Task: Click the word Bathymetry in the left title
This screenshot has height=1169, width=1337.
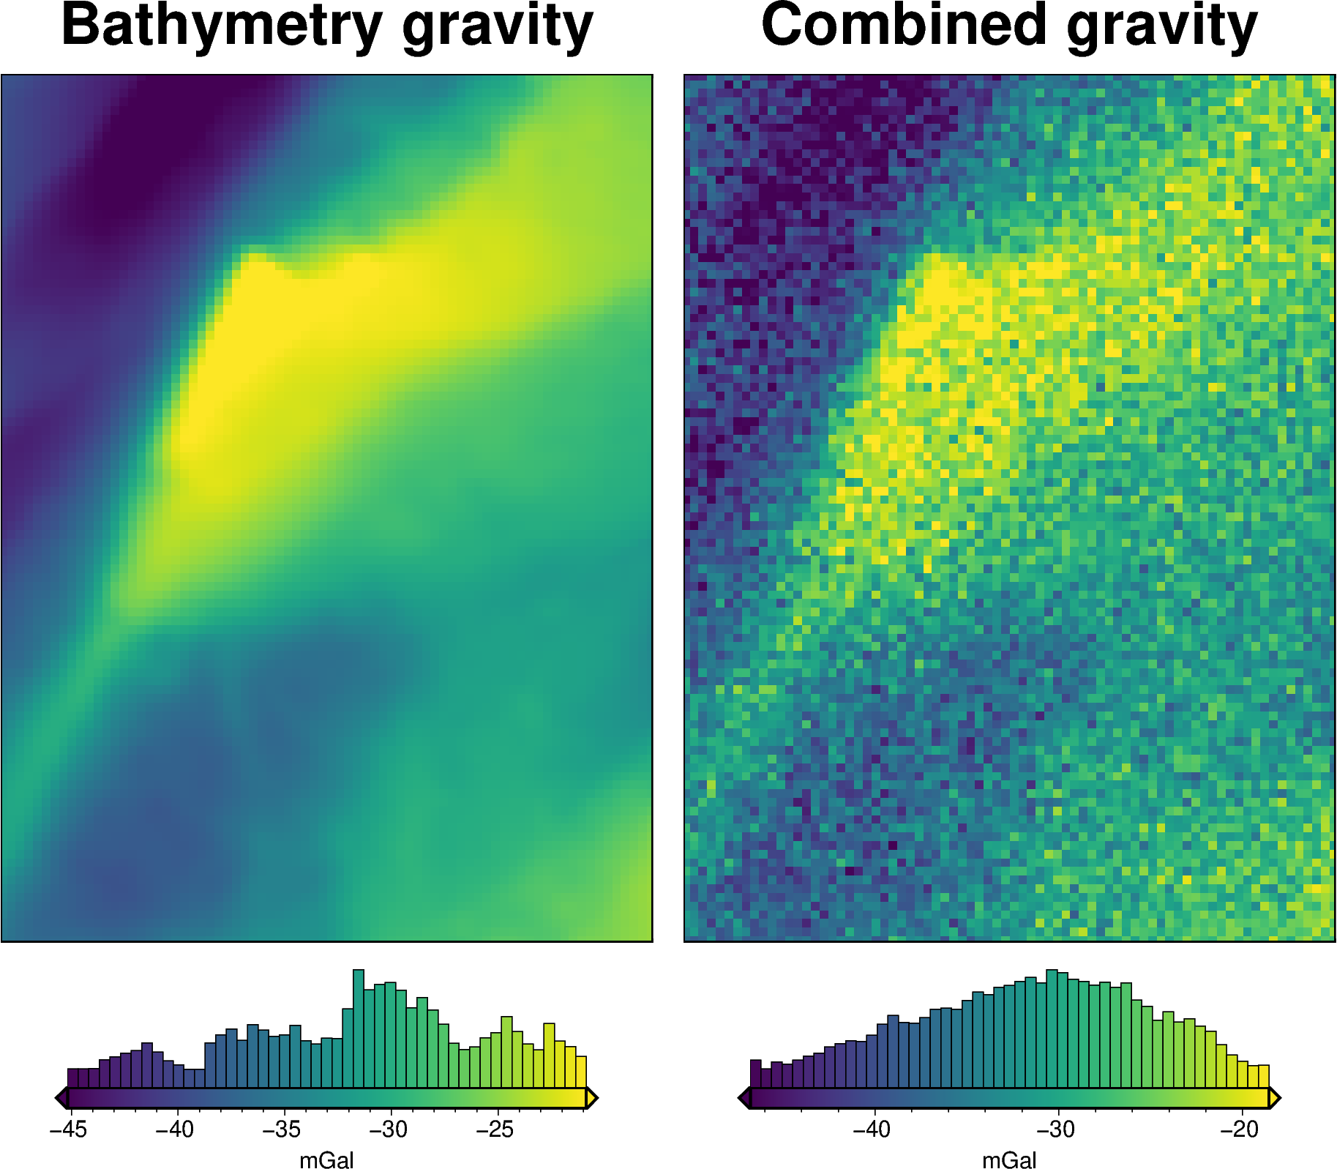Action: coord(221,26)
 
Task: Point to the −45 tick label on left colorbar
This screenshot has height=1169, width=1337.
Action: coord(68,1129)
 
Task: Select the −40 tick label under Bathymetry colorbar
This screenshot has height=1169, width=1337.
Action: coord(175,1129)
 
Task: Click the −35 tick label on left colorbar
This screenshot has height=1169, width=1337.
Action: coord(282,1129)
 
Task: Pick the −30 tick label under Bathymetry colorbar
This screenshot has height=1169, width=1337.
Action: coord(389,1129)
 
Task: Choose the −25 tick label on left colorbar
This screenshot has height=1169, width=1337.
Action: coord(495,1129)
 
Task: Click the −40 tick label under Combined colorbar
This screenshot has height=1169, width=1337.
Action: coord(872,1129)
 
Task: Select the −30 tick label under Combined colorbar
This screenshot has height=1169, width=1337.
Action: coord(1056,1129)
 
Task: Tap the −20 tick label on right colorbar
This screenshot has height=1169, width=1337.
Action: coord(1240,1129)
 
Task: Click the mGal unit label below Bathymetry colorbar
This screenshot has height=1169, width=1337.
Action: coord(326,1160)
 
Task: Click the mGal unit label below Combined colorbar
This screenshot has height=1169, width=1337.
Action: coord(1009,1160)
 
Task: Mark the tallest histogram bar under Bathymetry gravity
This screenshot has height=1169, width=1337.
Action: coord(359,1028)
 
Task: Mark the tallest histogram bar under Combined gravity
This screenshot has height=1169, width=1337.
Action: coord(1052,1028)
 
